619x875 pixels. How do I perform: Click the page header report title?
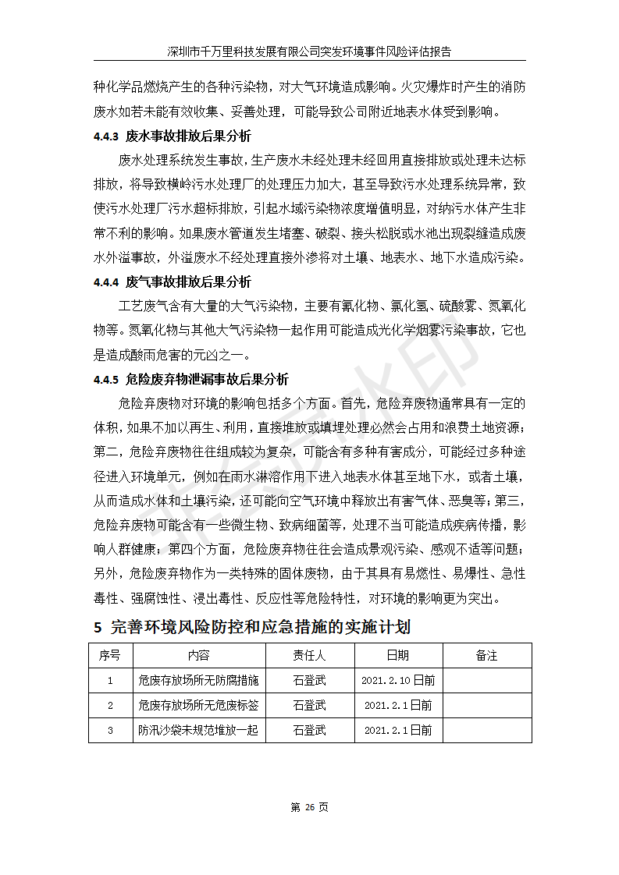pos(309,51)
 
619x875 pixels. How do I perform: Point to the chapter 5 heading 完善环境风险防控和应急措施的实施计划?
pos(251,627)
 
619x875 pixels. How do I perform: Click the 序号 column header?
pos(110,655)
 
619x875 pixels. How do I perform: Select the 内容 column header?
pos(198,655)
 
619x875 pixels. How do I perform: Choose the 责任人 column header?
pos(309,655)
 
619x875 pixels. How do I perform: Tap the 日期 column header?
pos(397,655)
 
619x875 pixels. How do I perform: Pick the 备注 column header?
pos(486,655)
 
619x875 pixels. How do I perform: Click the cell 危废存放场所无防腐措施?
pos(198,680)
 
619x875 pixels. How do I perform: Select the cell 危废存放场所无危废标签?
pos(198,705)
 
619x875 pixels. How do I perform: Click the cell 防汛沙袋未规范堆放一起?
pos(198,730)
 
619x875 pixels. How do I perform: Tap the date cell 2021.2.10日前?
pos(397,680)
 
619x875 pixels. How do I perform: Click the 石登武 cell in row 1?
pos(309,680)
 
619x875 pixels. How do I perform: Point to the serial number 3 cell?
pos(110,730)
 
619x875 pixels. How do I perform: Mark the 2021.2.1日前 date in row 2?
pos(397,705)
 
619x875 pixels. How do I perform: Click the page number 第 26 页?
pos(309,807)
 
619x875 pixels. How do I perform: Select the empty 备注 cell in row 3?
pos(486,730)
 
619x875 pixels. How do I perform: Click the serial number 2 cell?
pos(110,705)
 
